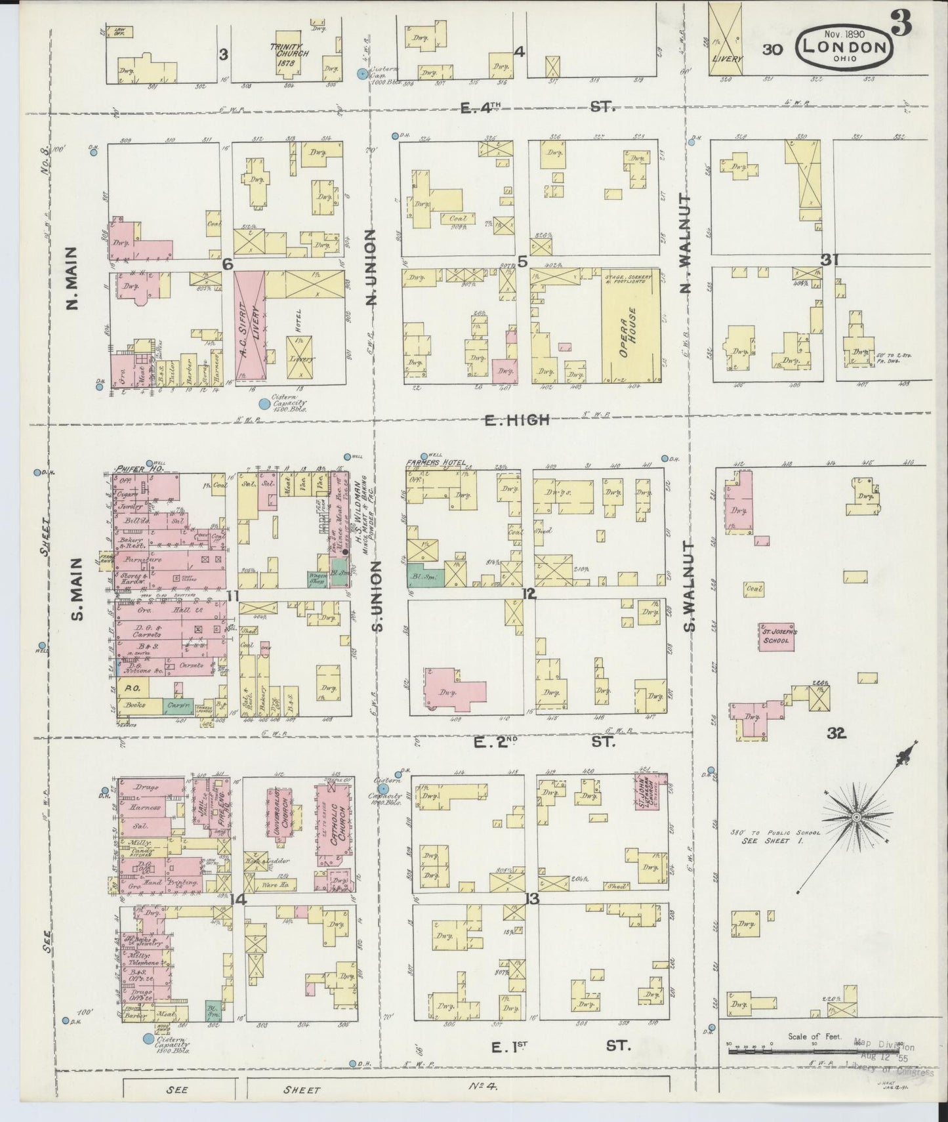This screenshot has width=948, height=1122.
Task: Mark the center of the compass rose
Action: click(856, 816)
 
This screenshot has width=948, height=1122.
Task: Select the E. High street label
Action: click(516, 420)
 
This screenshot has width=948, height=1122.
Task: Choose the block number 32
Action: click(836, 734)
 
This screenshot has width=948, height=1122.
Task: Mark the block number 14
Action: click(238, 900)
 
